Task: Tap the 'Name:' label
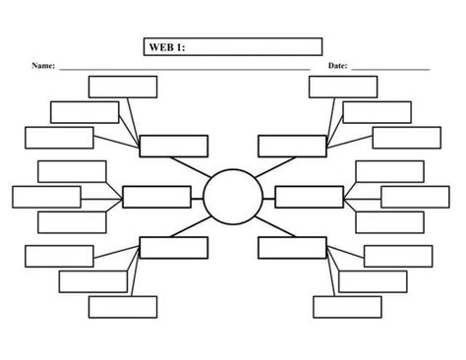[43, 67]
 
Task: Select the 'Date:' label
[337, 67]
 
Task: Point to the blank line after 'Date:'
[390, 70]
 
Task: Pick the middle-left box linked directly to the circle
[156, 197]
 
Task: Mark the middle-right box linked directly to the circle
[309, 197]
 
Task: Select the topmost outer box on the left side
[123, 87]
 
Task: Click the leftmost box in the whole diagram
[46, 197]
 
